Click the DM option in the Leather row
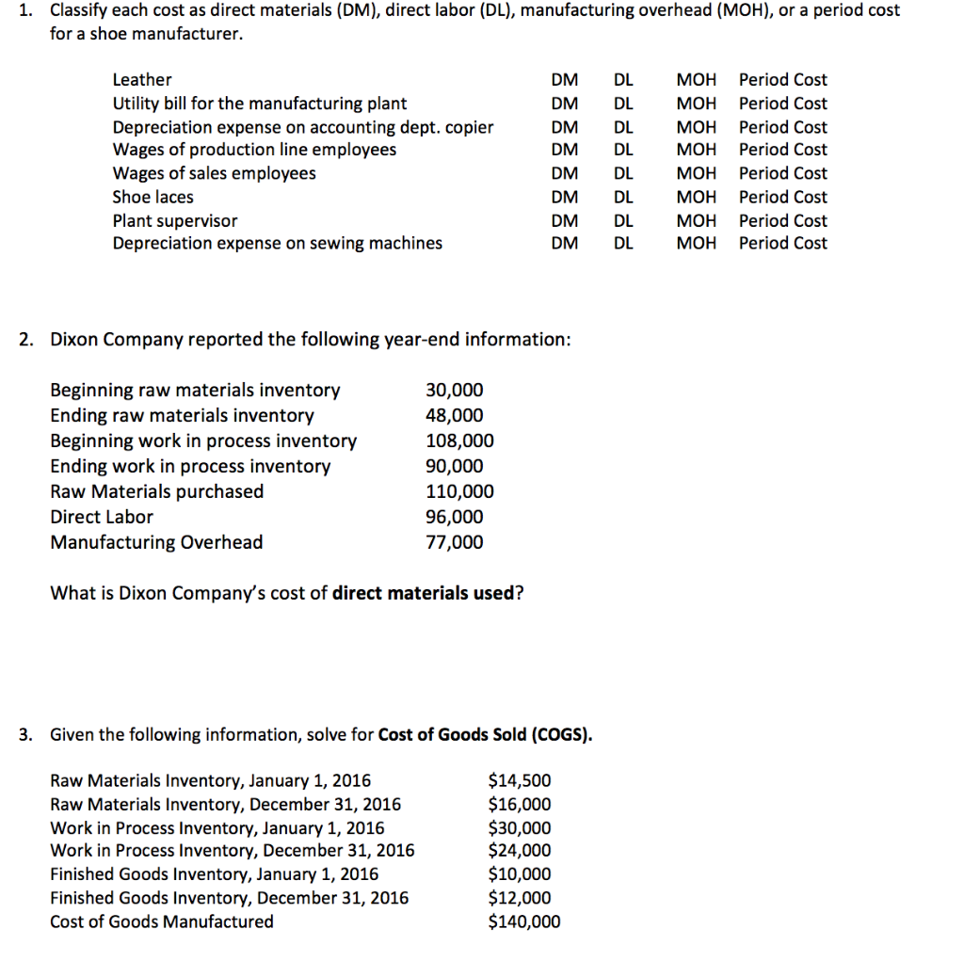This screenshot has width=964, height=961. tap(564, 80)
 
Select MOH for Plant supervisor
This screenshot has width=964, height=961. tap(696, 221)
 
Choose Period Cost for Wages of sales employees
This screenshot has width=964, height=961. tap(783, 173)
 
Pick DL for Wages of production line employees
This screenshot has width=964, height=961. tap(623, 150)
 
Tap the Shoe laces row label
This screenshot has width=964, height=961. tap(153, 197)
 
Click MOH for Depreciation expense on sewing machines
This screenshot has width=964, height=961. tap(696, 243)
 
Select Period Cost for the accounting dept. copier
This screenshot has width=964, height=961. tap(783, 127)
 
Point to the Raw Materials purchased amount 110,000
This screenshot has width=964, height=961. tap(459, 491)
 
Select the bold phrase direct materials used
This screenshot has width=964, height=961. tap(424, 593)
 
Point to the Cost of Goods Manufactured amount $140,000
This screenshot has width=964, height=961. tap(523, 921)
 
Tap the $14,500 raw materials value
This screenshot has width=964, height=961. tap(520, 780)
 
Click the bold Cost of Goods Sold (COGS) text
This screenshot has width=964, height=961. tap(485, 734)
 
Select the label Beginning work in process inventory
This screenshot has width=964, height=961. tap(203, 440)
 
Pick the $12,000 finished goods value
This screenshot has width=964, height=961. tap(520, 898)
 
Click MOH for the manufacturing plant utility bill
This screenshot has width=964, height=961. tap(696, 104)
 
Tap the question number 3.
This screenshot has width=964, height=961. tap(25, 734)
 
